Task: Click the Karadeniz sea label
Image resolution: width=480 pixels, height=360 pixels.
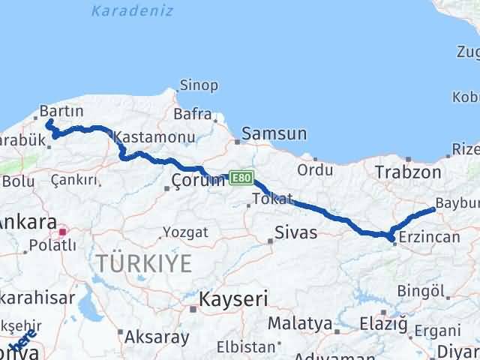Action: click(132, 10)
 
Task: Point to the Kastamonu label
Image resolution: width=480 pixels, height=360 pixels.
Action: click(154, 138)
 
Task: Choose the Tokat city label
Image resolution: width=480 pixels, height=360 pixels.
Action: click(272, 199)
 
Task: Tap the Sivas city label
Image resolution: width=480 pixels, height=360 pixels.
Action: click(295, 232)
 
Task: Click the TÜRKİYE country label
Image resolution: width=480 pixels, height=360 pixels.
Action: click(143, 262)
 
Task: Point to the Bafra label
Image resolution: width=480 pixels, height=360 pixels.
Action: click(191, 114)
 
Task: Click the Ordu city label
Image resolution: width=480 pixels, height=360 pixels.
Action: click(315, 169)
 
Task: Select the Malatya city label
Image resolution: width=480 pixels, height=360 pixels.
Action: click(300, 324)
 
